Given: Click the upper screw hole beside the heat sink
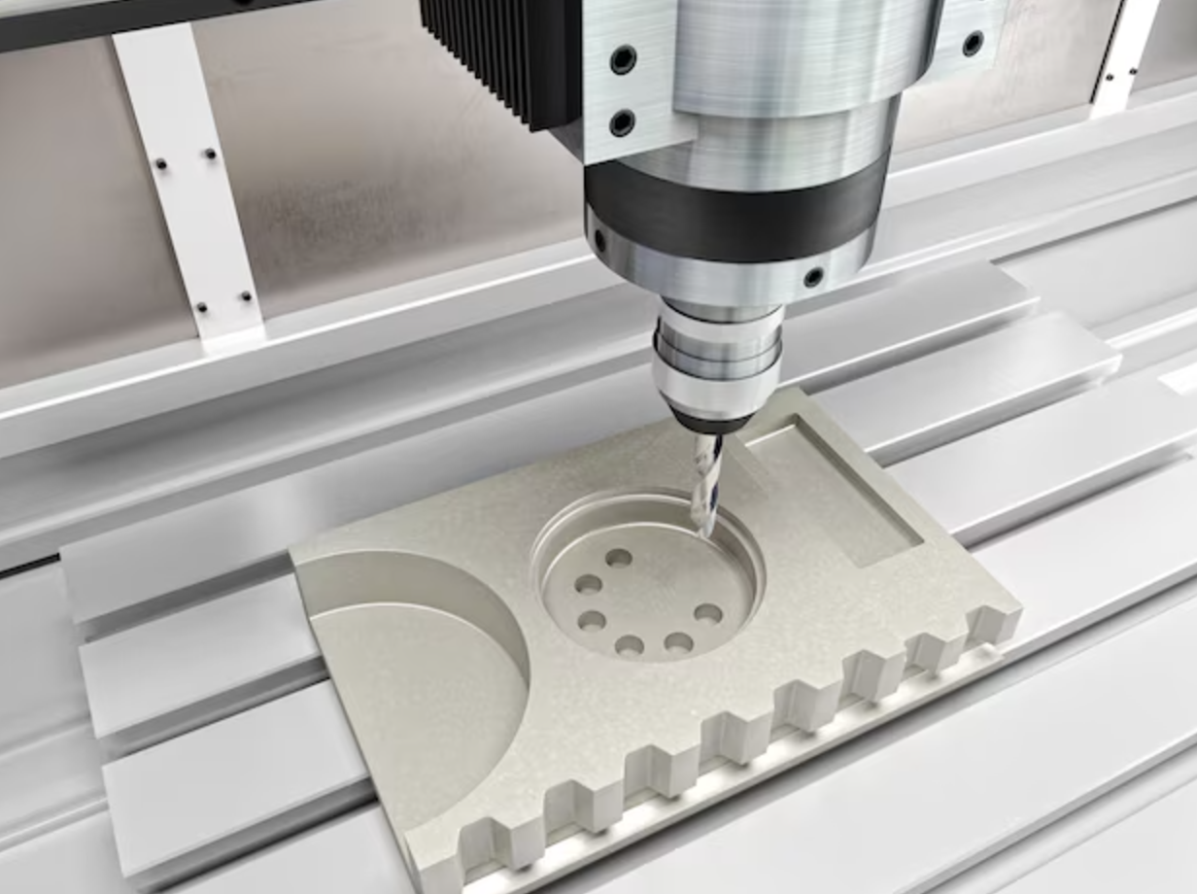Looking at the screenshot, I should pyautogui.click(x=623, y=60).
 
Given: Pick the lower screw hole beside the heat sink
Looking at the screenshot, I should pyautogui.click(x=622, y=122).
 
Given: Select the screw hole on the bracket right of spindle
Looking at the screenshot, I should pyautogui.click(x=973, y=43).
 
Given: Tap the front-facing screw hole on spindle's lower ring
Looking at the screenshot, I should pyautogui.click(x=813, y=277).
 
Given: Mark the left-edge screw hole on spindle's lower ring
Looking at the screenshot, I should pyautogui.click(x=599, y=239).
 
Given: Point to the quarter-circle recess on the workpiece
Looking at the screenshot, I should pyautogui.click(x=418, y=670).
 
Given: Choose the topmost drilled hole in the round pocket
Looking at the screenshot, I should pyautogui.click(x=618, y=558).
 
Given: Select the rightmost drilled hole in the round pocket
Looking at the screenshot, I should pyautogui.click(x=708, y=614).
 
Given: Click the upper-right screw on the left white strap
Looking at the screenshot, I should pyautogui.click(x=209, y=154).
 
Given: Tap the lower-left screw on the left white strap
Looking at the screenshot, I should pyautogui.click(x=201, y=307).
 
